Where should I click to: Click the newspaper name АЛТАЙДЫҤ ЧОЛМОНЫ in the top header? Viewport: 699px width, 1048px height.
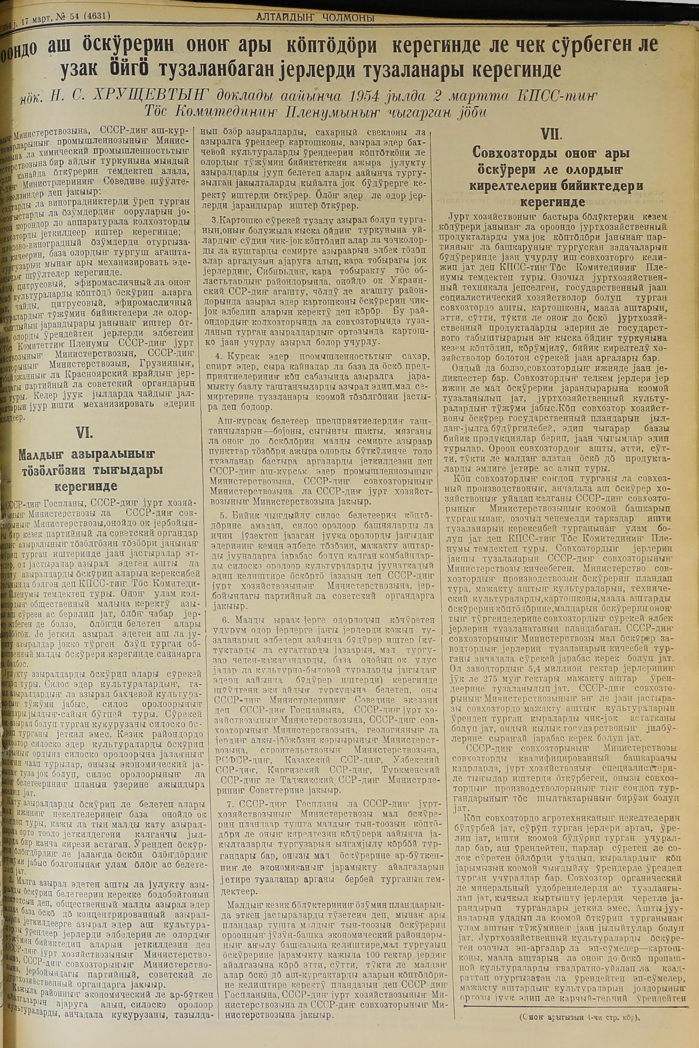point(315,18)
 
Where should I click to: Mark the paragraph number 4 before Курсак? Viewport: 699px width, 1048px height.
point(218,357)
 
